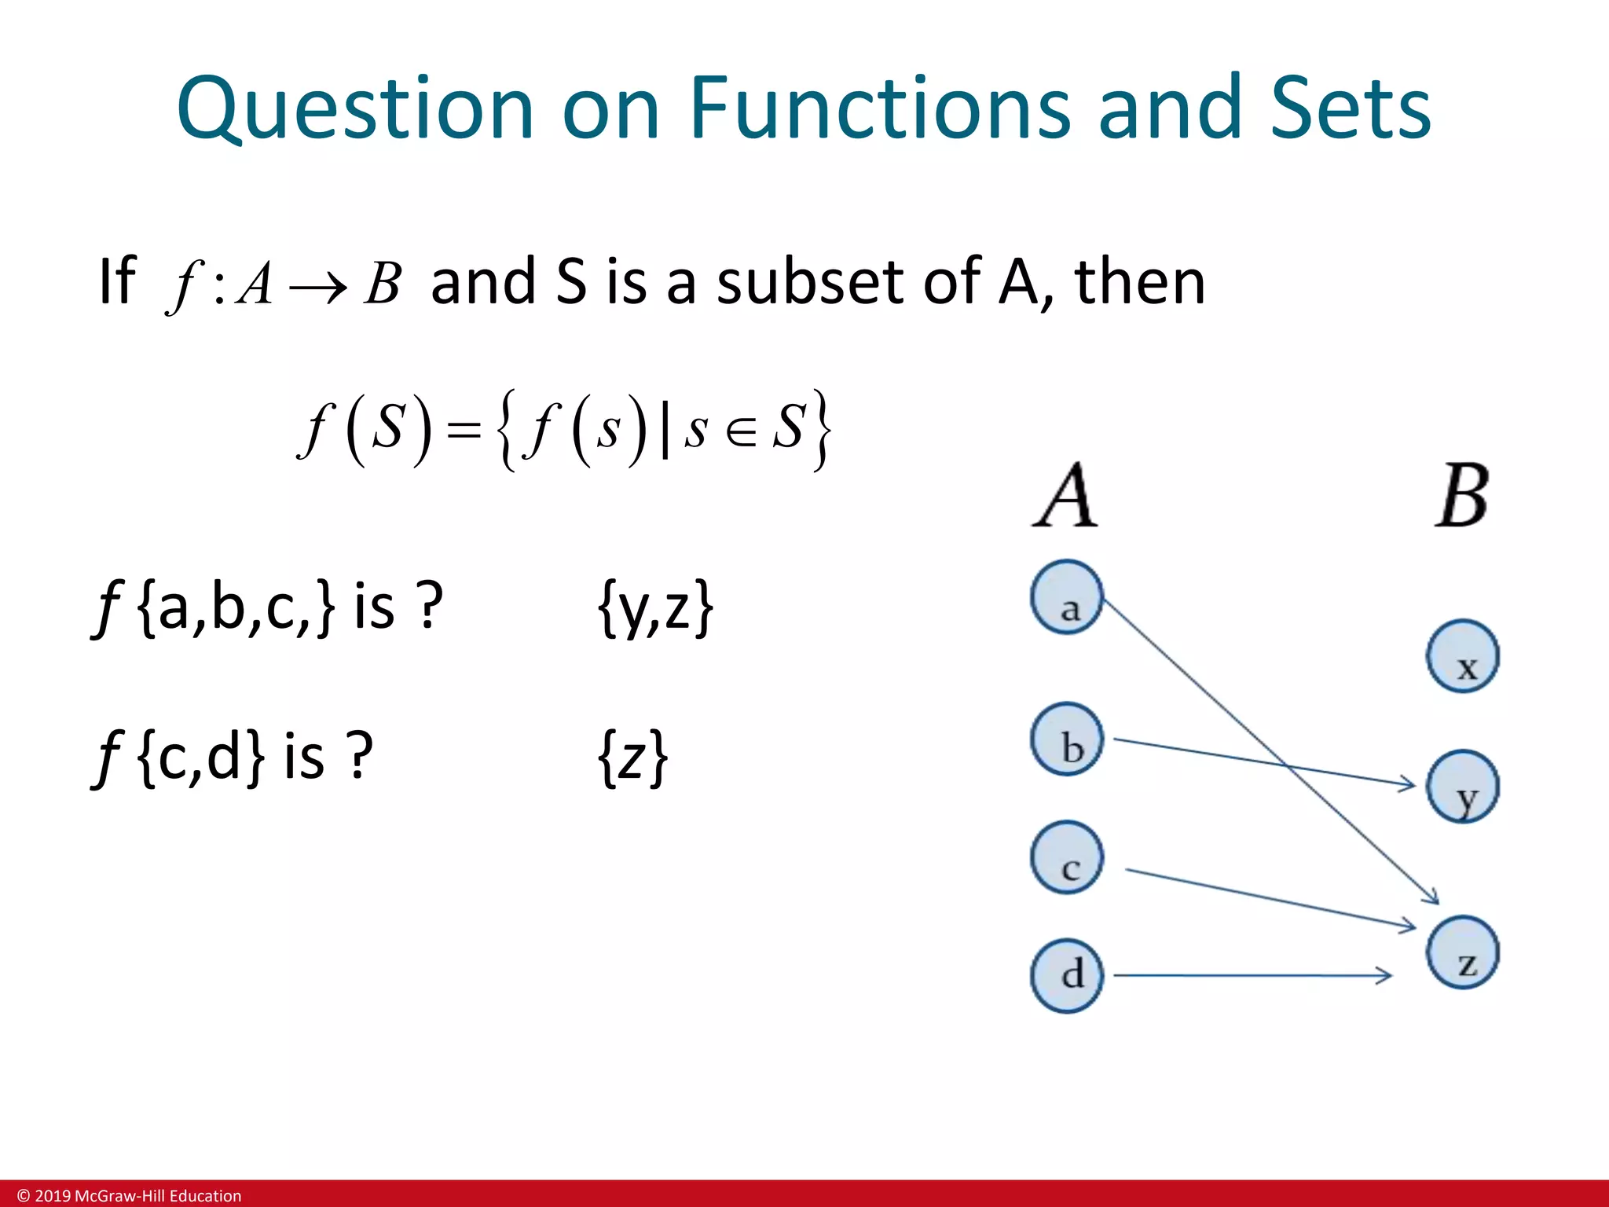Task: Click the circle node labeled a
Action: tap(1067, 597)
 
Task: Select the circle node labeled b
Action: tap(1067, 739)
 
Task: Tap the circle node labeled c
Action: tap(1067, 857)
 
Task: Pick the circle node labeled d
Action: tap(1067, 976)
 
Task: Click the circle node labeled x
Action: tap(1463, 656)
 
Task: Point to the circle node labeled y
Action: tap(1463, 787)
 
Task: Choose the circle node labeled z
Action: tap(1463, 952)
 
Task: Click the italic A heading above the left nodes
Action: tap(1065, 497)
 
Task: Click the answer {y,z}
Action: tap(655, 607)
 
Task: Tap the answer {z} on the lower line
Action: tap(632, 758)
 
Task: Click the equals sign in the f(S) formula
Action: tap(464, 431)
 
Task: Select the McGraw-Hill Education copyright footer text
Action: tap(130, 1195)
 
